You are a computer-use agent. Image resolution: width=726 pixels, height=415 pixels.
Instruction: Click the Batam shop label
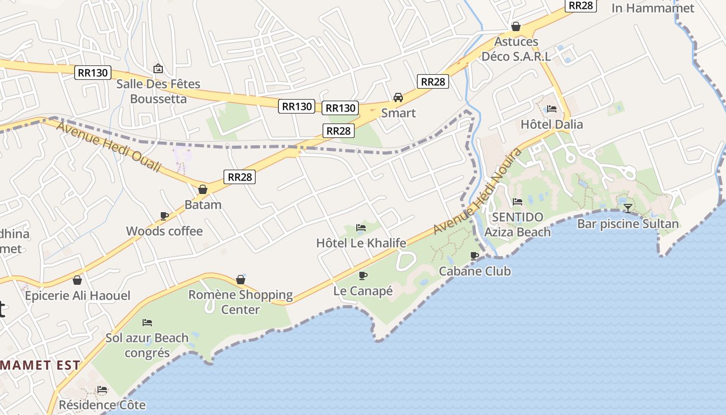pyautogui.click(x=203, y=204)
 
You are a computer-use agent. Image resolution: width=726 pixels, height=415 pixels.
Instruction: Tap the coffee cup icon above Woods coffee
pyautogui.click(x=164, y=216)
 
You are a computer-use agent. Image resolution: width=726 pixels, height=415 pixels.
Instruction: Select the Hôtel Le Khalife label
pyautogui.click(x=361, y=243)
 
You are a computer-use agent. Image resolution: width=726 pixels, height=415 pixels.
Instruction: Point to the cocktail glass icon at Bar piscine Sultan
pyautogui.click(x=628, y=209)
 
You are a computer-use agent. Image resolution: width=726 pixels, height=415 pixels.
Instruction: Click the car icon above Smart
pyautogui.click(x=398, y=98)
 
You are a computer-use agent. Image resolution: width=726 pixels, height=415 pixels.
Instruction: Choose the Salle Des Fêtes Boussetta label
pyautogui.click(x=158, y=91)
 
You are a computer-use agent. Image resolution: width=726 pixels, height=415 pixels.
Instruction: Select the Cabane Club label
pyautogui.click(x=474, y=271)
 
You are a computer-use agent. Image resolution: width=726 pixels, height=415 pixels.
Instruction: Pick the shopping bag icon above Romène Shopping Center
pyautogui.click(x=241, y=280)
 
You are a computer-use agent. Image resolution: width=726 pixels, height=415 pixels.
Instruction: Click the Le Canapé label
pyautogui.click(x=363, y=291)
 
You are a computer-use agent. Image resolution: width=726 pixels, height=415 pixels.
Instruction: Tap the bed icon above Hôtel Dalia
pyautogui.click(x=552, y=109)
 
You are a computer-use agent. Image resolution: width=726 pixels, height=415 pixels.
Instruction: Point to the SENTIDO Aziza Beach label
pyautogui.click(x=517, y=224)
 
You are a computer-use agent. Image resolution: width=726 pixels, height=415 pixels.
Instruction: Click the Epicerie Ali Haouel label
pyautogui.click(x=78, y=296)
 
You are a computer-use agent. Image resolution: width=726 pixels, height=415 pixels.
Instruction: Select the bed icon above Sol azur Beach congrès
pyautogui.click(x=147, y=323)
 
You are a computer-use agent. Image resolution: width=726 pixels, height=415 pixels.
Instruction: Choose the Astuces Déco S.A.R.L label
pyautogui.click(x=516, y=49)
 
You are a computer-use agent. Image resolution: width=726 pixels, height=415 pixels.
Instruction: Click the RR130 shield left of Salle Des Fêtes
pyautogui.click(x=93, y=73)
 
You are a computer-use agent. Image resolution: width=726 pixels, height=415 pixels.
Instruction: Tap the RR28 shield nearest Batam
pyautogui.click(x=240, y=177)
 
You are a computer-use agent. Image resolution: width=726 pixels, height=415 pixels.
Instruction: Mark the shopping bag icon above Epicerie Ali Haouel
pyautogui.click(x=77, y=281)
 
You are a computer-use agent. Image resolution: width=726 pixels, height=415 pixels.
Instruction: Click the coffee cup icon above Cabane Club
pyautogui.click(x=474, y=256)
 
